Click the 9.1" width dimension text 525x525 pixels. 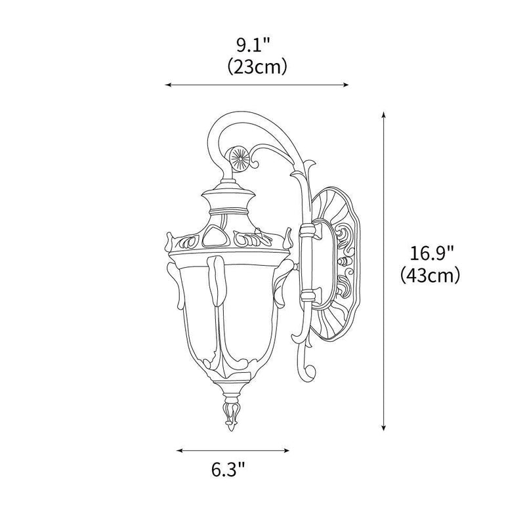click(255, 45)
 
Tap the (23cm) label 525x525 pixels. click(256, 67)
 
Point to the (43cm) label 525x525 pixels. click(429, 275)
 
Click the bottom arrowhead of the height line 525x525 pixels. click(384, 428)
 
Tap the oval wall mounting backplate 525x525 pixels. click(335, 262)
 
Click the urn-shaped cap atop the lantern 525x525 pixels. click(227, 200)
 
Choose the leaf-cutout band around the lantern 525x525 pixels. click(226, 241)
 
